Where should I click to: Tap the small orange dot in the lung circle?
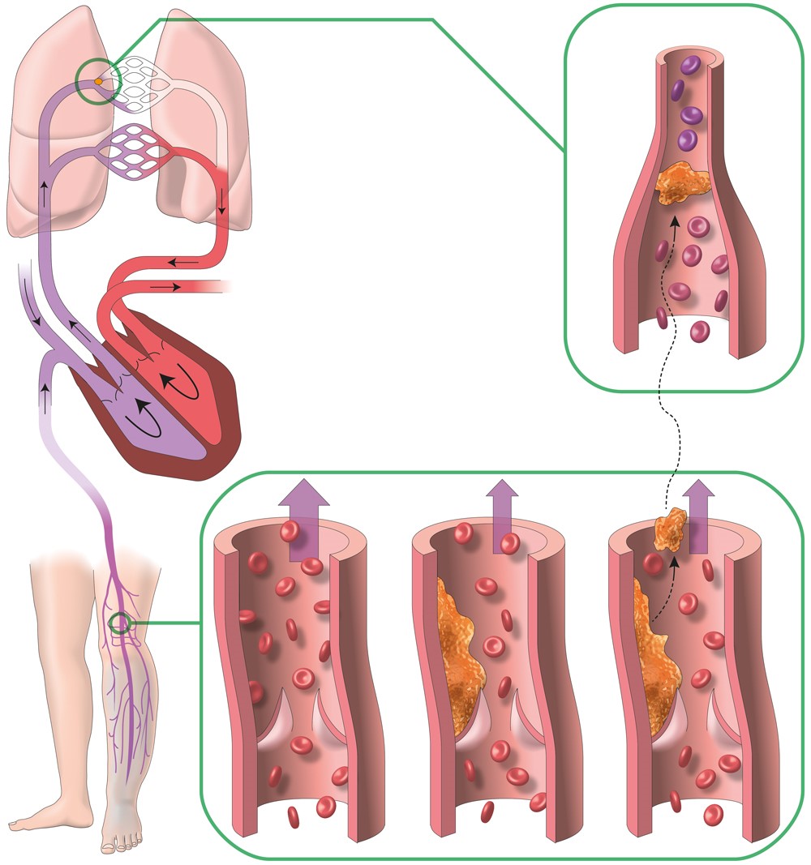click(x=98, y=81)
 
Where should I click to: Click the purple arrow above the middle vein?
click(x=503, y=515)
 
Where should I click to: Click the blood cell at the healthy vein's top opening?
click(x=290, y=531)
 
